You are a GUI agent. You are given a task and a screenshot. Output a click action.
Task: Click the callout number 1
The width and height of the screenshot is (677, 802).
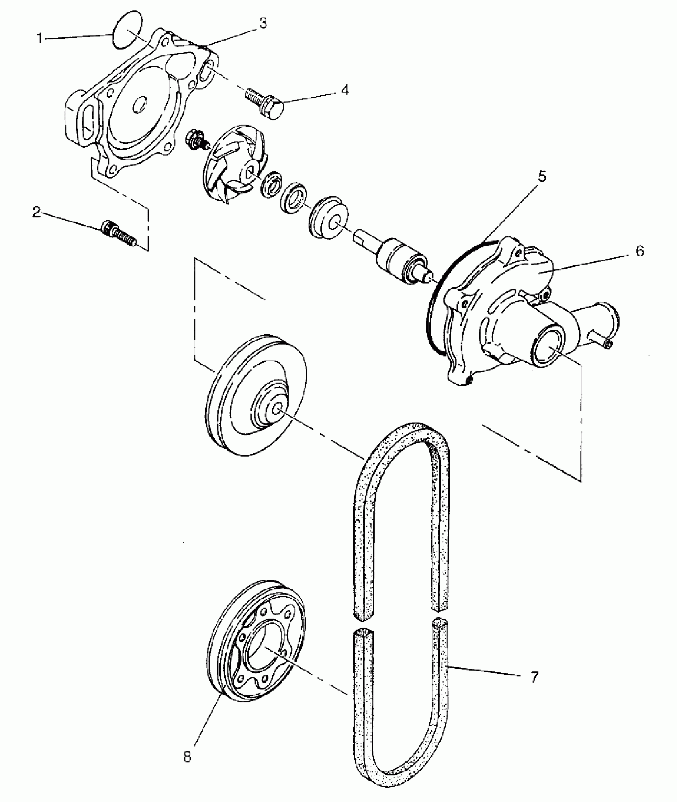[x=39, y=38]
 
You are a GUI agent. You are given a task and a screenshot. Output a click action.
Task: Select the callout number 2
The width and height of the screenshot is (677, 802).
[x=37, y=212]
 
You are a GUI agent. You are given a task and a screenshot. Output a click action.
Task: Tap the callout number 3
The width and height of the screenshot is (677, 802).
[x=263, y=23]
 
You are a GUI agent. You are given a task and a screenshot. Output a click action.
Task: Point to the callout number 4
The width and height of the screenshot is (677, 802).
[x=345, y=90]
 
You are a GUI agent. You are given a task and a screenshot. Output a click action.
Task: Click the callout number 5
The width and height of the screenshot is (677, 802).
[x=542, y=176]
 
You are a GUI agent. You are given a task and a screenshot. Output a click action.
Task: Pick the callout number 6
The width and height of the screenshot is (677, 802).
[x=639, y=251]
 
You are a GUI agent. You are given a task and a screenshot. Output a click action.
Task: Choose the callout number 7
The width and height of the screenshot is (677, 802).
[x=534, y=677]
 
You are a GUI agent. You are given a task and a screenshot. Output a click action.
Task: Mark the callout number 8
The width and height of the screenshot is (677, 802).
[x=187, y=756]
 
